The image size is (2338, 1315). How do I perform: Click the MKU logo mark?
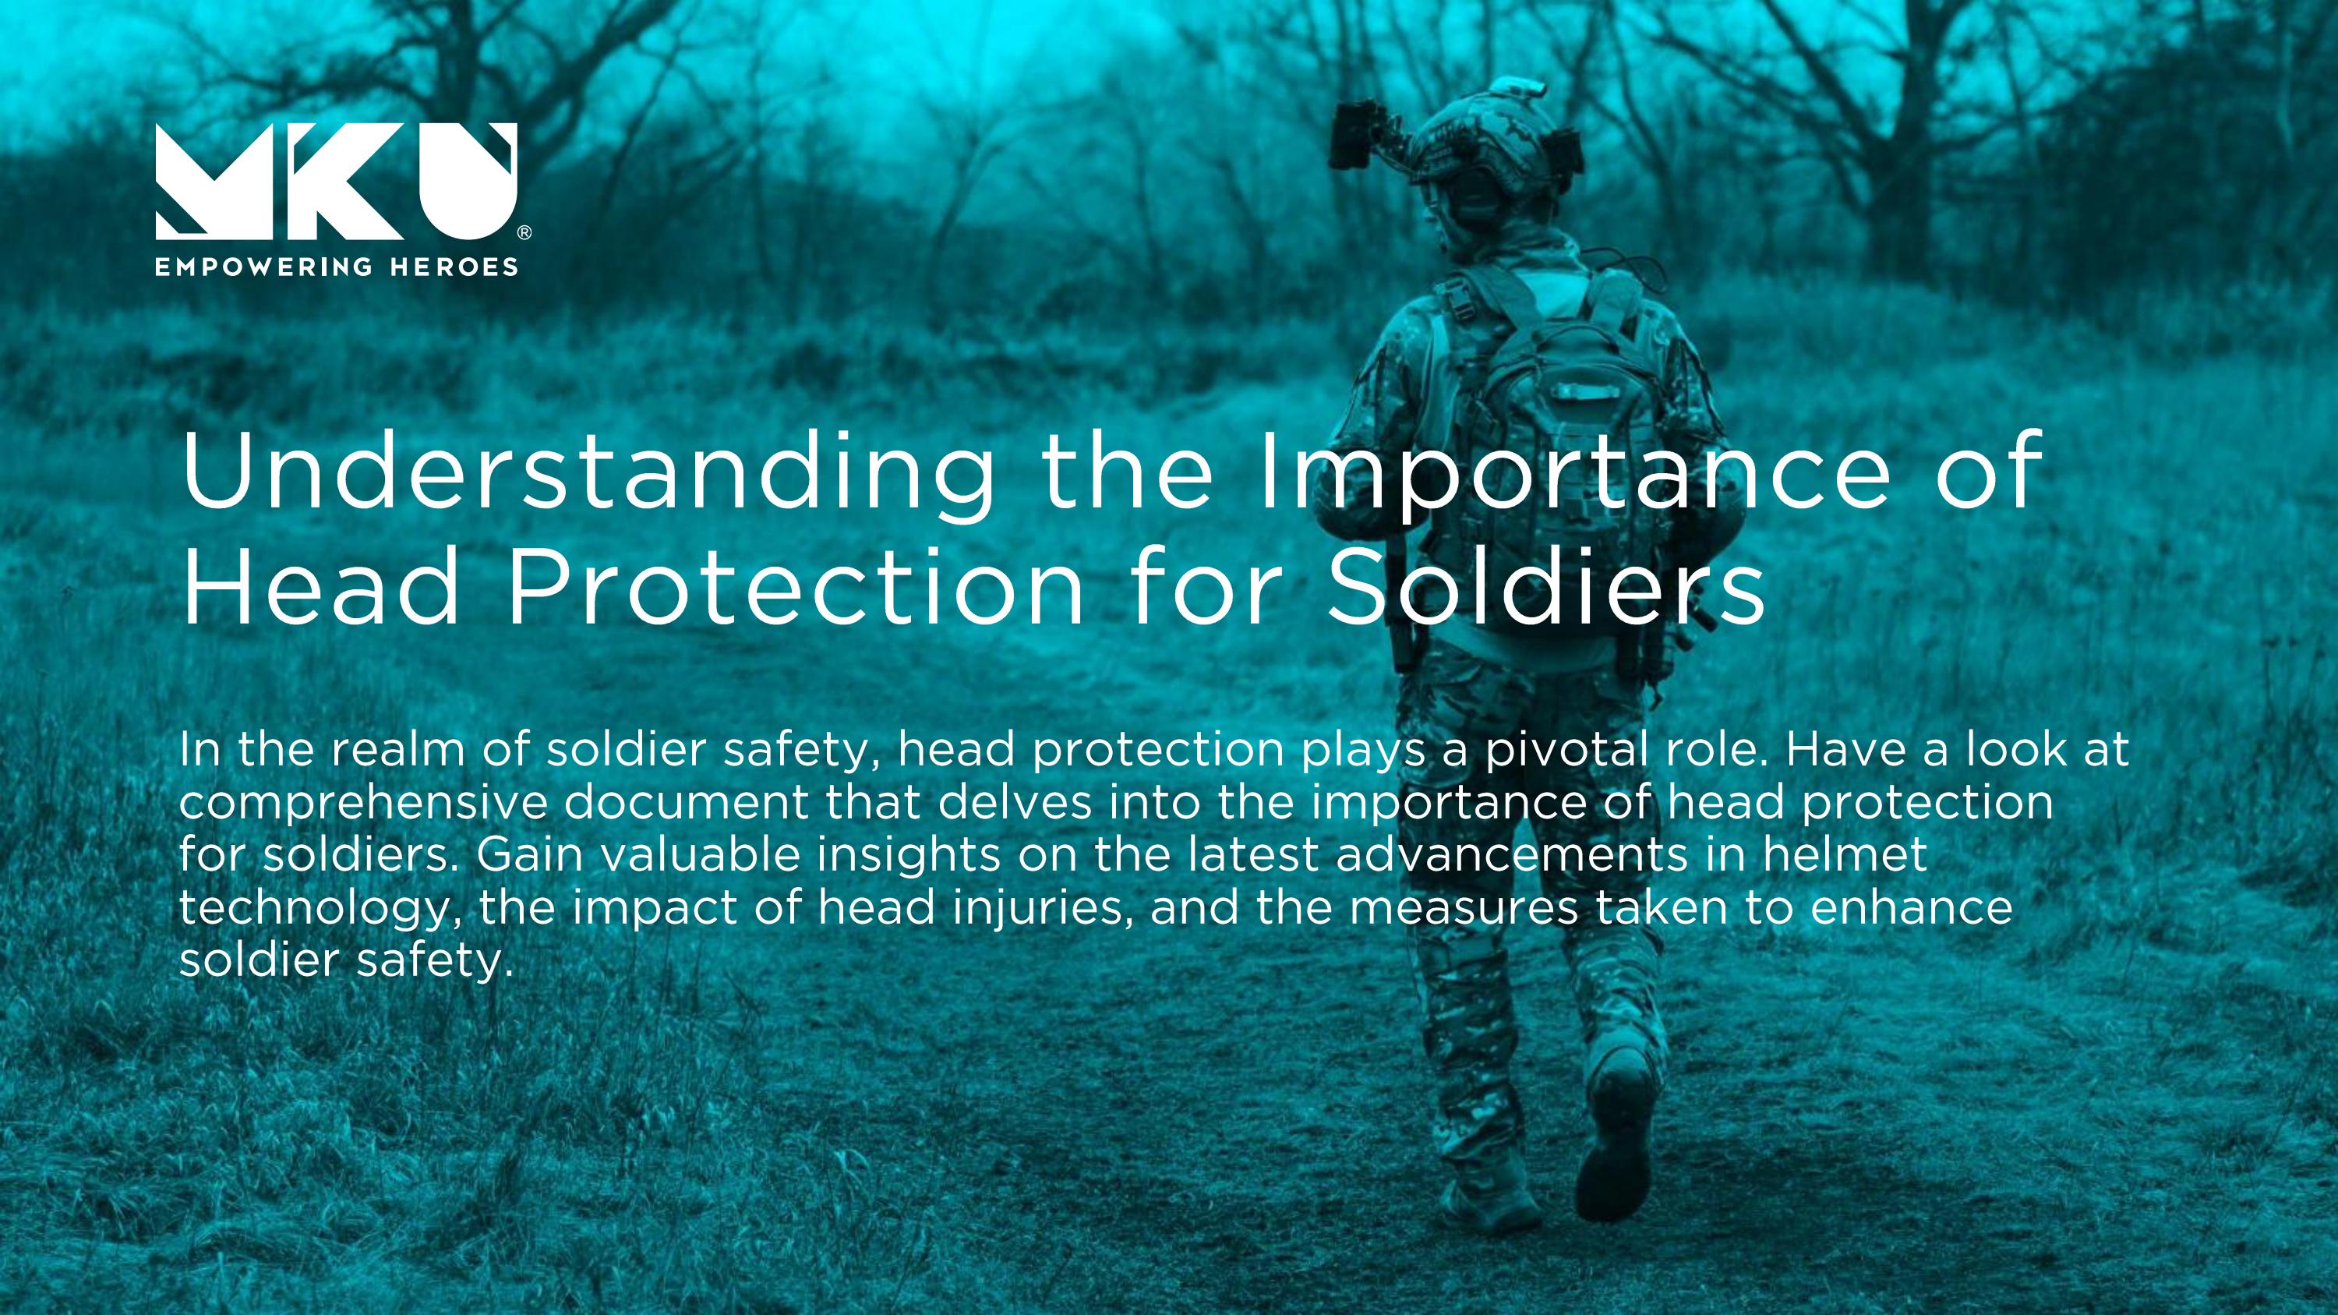[336, 181]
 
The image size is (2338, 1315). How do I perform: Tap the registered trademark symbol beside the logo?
[524, 233]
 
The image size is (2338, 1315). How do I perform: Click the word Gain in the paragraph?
[528, 854]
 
